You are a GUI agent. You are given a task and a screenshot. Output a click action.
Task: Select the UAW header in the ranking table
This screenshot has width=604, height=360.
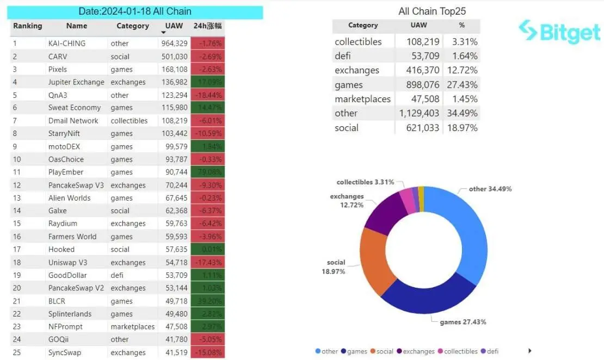click(174, 26)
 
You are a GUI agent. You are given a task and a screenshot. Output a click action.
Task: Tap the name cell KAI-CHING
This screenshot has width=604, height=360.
click(67, 44)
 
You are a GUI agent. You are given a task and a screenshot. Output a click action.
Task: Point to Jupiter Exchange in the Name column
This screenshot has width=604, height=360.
click(76, 82)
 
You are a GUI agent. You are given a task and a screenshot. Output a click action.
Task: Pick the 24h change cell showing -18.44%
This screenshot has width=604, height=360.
click(207, 95)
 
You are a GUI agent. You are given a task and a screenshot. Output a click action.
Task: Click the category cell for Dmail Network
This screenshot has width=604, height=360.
click(129, 121)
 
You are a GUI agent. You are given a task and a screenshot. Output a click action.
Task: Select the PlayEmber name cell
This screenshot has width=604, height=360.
click(66, 172)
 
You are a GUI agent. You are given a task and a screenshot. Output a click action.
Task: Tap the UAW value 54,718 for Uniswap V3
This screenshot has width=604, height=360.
click(175, 262)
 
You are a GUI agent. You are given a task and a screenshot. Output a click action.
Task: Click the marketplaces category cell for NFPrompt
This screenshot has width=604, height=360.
click(132, 327)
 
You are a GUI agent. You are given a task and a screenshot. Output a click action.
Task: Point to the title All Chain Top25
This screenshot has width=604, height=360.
click(432, 11)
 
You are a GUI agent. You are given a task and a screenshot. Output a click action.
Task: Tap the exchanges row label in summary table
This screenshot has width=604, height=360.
click(357, 70)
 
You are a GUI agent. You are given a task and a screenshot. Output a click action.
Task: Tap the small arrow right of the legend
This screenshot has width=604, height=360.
click(529, 351)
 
